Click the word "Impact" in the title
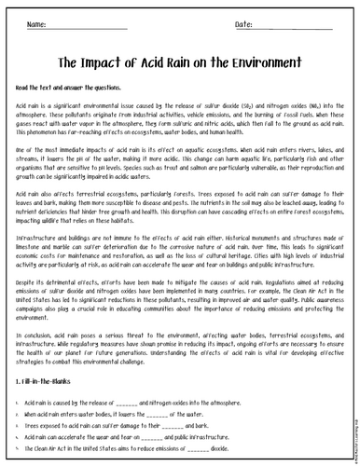pyautogui.click(x=109, y=63)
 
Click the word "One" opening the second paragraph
pyautogui.click(x=22, y=149)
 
